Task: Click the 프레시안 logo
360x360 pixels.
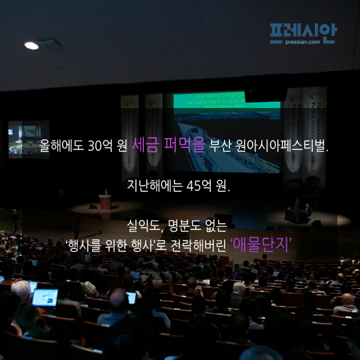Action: pyautogui.click(x=303, y=33)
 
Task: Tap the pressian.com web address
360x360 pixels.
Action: pyautogui.click(x=303, y=42)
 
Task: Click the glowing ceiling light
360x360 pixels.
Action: pyautogui.click(x=31, y=46)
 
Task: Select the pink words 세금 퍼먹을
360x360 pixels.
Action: pyautogui.click(x=168, y=145)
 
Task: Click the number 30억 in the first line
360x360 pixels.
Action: pyautogui.click(x=100, y=145)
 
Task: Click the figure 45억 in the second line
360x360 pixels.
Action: pyautogui.click(x=199, y=185)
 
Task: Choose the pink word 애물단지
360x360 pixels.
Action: pyautogui.click(x=261, y=245)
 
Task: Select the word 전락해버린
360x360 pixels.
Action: pyautogui.click(x=199, y=245)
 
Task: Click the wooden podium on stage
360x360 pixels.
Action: pyautogui.click(x=105, y=202)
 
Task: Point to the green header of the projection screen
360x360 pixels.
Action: pyautogui.click(x=227, y=100)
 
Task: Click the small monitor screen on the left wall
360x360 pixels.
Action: pyautogui.click(x=29, y=139)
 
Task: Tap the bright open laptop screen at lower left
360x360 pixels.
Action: pyautogui.click(x=45, y=297)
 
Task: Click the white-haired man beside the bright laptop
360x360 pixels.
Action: pyautogui.click(x=22, y=295)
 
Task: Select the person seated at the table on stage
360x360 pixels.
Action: pyautogui.click(x=307, y=210)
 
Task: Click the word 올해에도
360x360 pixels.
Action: pyautogui.click(x=61, y=145)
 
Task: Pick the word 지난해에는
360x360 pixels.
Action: pyautogui.click(x=155, y=185)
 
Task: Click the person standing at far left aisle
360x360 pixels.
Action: pyautogui.click(x=15, y=221)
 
